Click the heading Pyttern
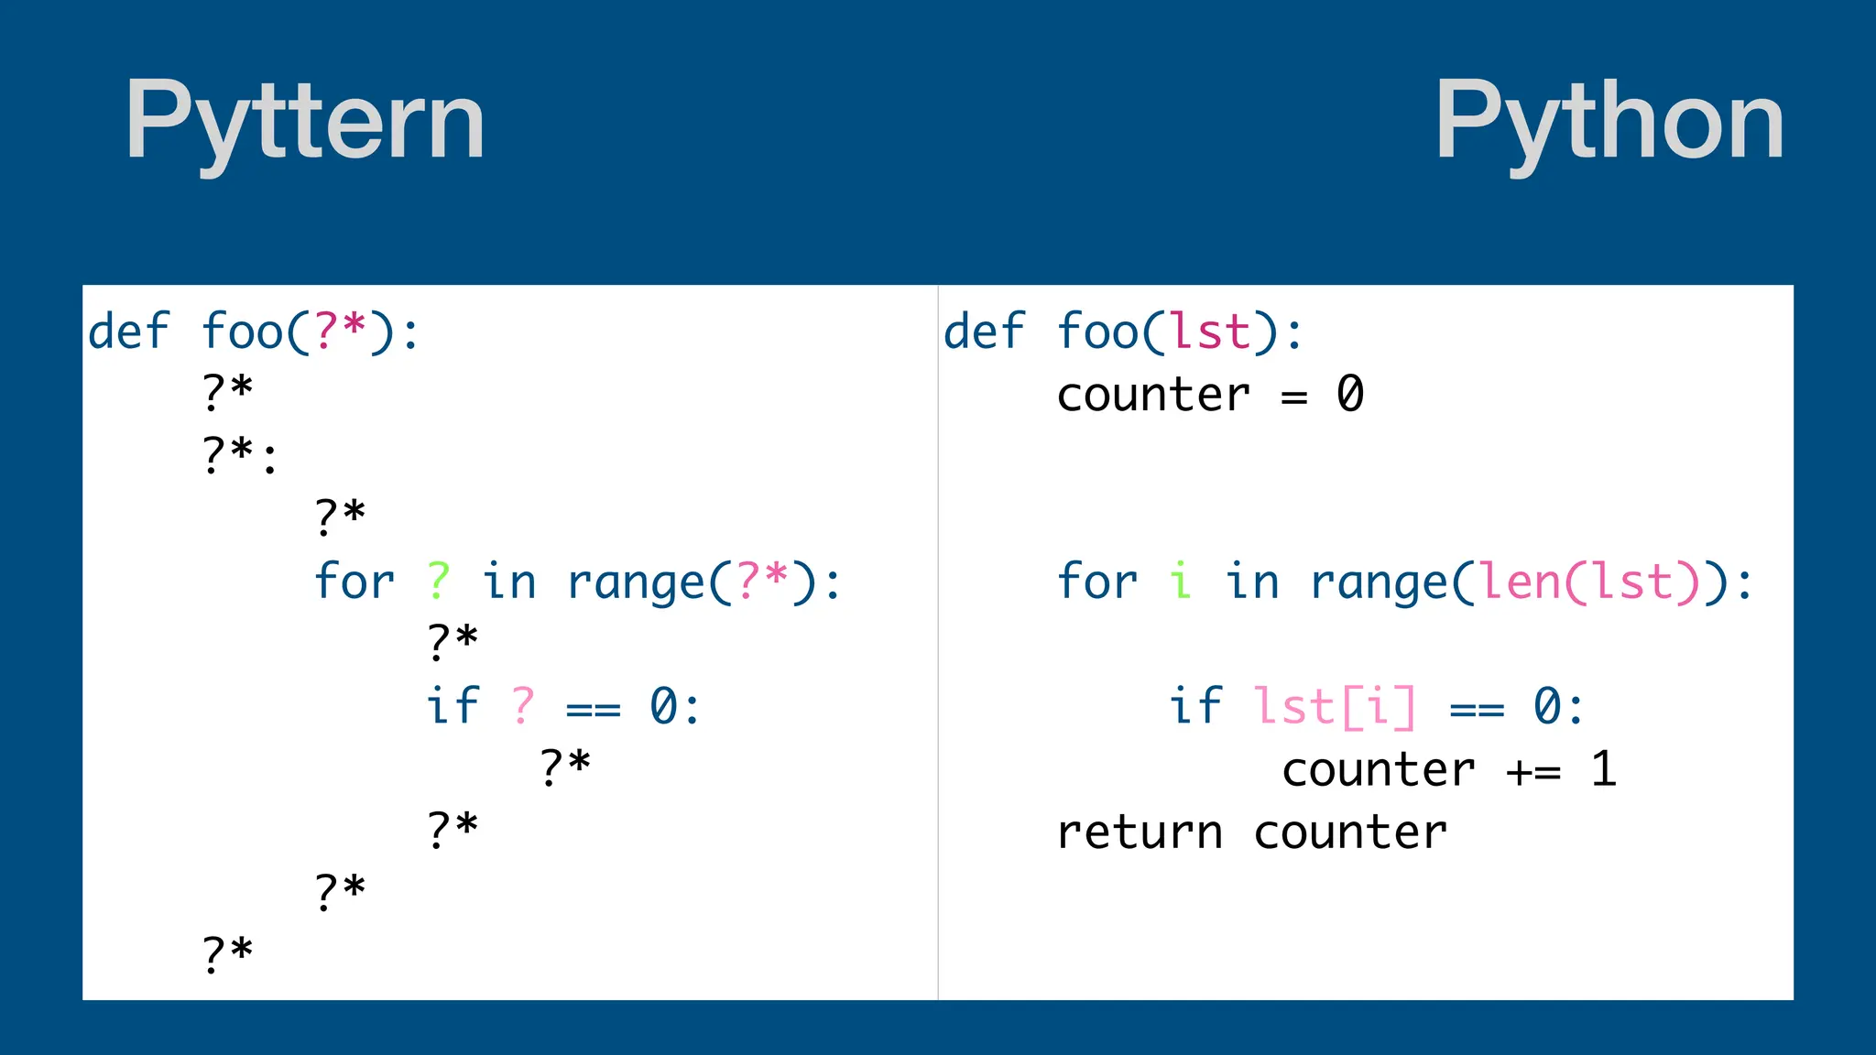[305, 121]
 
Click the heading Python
[1609, 121]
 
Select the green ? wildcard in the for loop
[439, 581]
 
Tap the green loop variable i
[1181, 581]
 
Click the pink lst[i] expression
[1334, 706]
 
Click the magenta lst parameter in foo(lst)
[1210, 331]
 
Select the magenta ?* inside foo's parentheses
[340, 331]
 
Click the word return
[1140, 832]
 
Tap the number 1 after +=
[1603, 768]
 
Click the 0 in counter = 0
[1349, 394]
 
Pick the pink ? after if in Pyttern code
[523, 706]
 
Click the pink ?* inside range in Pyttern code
[761, 581]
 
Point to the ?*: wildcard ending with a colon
[238, 455]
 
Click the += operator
[1532, 770]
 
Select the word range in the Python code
[1379, 582]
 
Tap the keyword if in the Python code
[1195, 706]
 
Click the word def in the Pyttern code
[128, 331]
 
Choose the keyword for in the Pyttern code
[354, 581]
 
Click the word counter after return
[1349, 832]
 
